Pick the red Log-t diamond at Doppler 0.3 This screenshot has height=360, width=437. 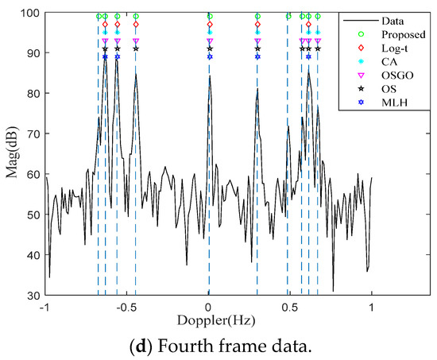pos(257,25)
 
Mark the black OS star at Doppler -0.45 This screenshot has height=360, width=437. pos(136,48)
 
